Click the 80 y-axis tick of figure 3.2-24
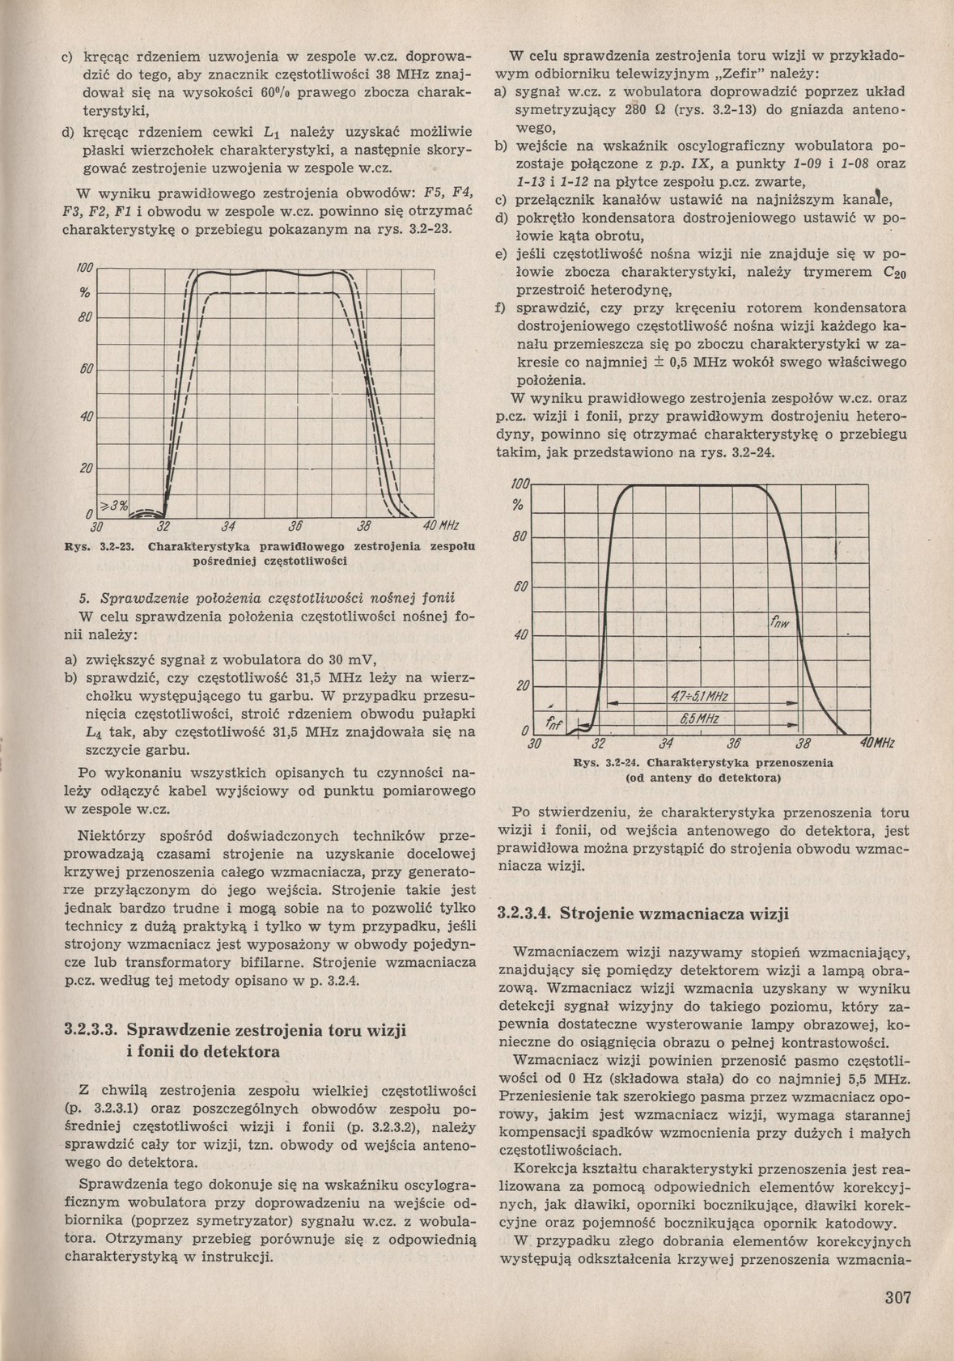click(519, 537)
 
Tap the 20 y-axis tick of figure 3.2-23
click(86, 469)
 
